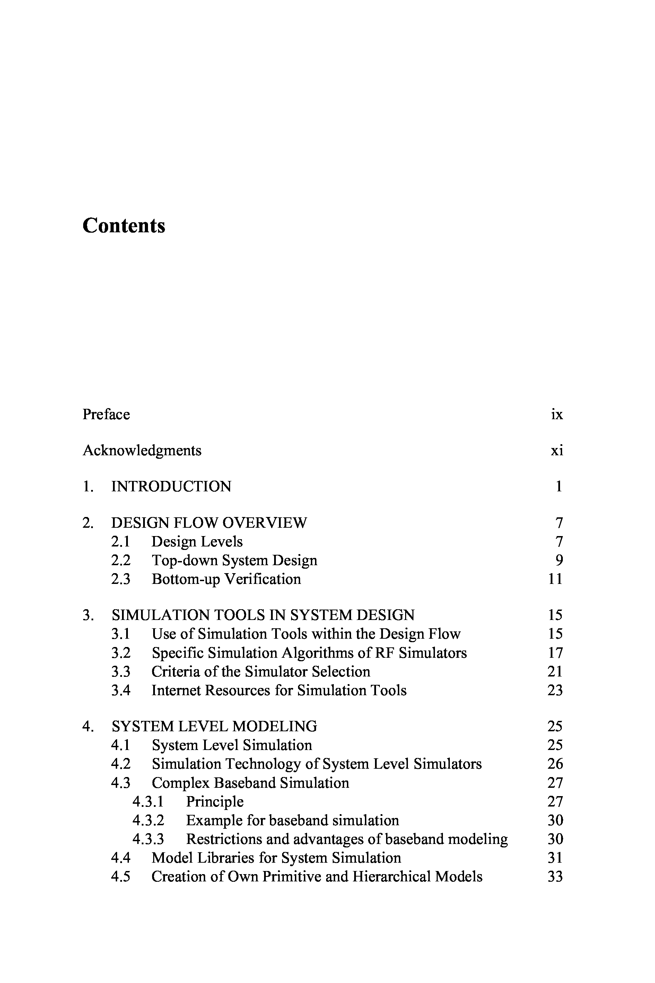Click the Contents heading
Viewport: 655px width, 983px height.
pyautogui.click(x=124, y=226)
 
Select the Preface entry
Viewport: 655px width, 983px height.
pyautogui.click(x=106, y=414)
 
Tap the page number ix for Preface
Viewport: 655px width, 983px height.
pyautogui.click(x=557, y=414)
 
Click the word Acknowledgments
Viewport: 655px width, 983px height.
pyautogui.click(x=142, y=450)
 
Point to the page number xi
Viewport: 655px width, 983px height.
pyautogui.click(x=557, y=450)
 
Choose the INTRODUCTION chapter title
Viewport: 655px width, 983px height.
pyautogui.click(x=171, y=486)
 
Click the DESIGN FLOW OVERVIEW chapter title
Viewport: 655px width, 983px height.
pyautogui.click(x=209, y=523)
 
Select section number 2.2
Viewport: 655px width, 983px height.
pyautogui.click(x=121, y=560)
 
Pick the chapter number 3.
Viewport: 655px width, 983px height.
pyautogui.click(x=88, y=615)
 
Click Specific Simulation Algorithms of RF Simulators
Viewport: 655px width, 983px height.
pyautogui.click(x=309, y=653)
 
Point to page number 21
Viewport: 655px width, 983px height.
pyautogui.click(x=555, y=671)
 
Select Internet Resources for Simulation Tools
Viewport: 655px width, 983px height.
pyautogui.click(x=279, y=690)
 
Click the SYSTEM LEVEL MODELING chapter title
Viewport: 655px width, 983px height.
pyautogui.click(x=214, y=726)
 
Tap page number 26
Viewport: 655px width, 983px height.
pyautogui.click(x=555, y=764)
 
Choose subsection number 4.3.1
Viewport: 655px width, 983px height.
pyautogui.click(x=148, y=801)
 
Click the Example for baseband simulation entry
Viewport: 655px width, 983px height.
pyautogui.click(x=292, y=820)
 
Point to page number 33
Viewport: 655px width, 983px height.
pyautogui.click(x=555, y=877)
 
